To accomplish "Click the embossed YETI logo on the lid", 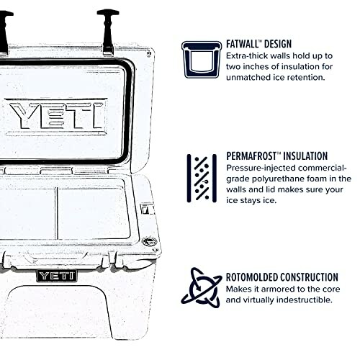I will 57,114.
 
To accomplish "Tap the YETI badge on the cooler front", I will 56,276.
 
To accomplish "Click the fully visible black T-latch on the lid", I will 107,29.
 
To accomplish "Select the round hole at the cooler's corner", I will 149,242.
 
